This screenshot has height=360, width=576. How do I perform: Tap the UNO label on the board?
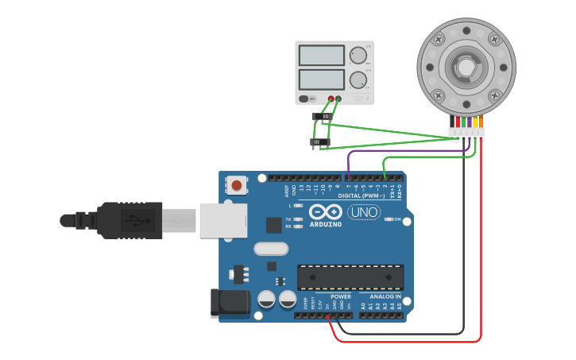[363, 213]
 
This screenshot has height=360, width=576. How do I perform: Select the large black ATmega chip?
[350, 277]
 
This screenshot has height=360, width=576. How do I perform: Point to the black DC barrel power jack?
[229, 304]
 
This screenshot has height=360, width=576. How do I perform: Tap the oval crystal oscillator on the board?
[271, 249]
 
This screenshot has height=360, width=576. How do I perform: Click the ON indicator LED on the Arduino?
[387, 219]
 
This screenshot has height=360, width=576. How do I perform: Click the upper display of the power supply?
[320, 55]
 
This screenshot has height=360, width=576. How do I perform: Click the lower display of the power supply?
[320, 79]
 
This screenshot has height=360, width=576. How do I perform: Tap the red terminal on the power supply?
[331, 99]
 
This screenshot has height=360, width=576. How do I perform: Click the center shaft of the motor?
[465, 68]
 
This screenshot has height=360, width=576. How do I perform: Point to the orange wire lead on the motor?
[481, 122]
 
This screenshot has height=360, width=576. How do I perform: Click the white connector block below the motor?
[466, 133]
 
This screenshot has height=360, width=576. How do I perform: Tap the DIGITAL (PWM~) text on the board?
[361, 195]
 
